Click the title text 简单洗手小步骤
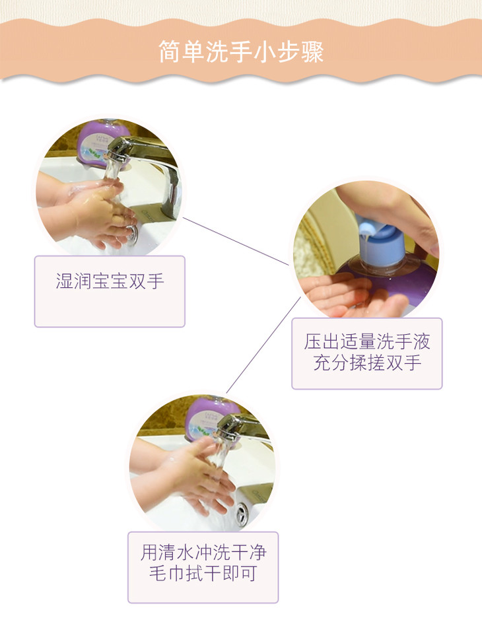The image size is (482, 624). pos(241,52)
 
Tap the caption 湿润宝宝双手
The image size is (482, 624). pos(110,281)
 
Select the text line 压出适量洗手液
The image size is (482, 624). pos(367,342)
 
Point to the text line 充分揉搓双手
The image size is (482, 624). pos(367,363)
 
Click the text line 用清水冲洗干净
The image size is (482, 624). pos(203,553)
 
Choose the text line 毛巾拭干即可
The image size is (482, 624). pos(203,573)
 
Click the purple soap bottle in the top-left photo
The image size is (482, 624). pos(103,143)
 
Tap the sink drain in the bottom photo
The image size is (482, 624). pos(242,513)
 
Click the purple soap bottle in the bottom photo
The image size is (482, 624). pos(211,418)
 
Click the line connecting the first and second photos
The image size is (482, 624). pos(236,241)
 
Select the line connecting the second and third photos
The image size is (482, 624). pos(263,345)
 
